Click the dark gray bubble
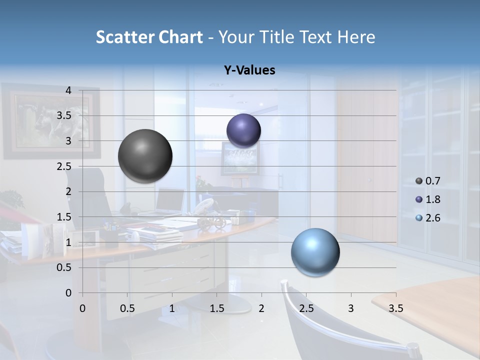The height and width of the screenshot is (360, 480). (x=145, y=156)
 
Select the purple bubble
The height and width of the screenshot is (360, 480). (x=243, y=131)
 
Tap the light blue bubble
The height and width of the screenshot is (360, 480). (x=315, y=252)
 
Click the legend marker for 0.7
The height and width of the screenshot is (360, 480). (x=419, y=181)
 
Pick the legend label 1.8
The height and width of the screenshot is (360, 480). (x=432, y=199)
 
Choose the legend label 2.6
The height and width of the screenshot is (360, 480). (x=432, y=218)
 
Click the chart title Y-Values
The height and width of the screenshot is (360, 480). (x=249, y=70)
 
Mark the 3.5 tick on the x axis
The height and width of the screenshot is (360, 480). (x=395, y=308)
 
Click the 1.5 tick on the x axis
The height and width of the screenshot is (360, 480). (x=216, y=308)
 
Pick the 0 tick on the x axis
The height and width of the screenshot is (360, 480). (x=82, y=308)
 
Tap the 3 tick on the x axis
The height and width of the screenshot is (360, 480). (x=351, y=308)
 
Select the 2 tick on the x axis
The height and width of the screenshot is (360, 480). (x=261, y=308)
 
